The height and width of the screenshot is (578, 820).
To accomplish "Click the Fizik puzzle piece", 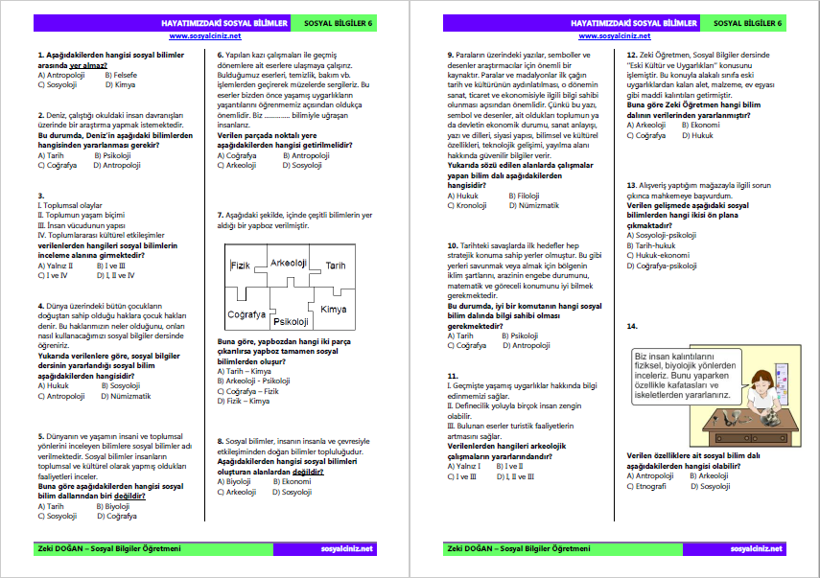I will tap(240, 265).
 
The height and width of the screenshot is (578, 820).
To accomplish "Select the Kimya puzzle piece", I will tap(334, 309).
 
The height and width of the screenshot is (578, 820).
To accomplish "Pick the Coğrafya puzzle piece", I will tap(245, 313).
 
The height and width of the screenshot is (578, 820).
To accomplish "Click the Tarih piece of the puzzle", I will tap(335, 266).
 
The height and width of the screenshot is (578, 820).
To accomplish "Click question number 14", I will tap(632, 327).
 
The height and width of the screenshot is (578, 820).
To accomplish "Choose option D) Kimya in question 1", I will tap(111, 84).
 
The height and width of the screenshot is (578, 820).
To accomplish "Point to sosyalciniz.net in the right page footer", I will tap(756, 548).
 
